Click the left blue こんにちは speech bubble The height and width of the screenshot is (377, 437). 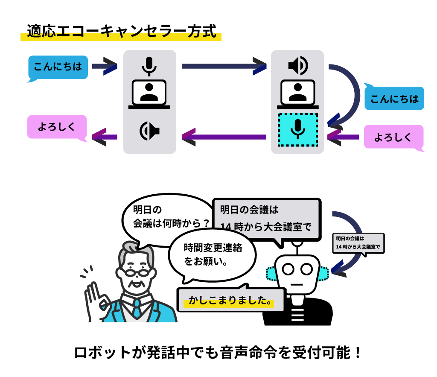[x=58, y=67]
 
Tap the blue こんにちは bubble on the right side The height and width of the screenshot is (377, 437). [x=394, y=99]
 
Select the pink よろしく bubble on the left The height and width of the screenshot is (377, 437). [x=57, y=127]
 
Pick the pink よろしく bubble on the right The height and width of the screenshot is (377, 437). [x=393, y=137]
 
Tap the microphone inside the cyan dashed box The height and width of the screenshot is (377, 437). [x=297, y=129]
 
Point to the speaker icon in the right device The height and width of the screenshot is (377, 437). [x=297, y=65]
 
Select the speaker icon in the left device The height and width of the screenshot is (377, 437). [x=149, y=131]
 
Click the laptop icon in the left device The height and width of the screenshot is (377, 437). [x=149, y=94]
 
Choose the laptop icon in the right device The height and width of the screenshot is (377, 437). [x=297, y=94]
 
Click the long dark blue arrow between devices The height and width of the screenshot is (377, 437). [x=224, y=66]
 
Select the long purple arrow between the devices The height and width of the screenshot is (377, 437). [x=224, y=137]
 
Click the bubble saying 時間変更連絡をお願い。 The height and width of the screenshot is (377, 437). [x=212, y=254]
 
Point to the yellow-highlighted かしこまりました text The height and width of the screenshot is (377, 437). [x=230, y=301]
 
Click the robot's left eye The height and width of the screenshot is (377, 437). [x=288, y=269]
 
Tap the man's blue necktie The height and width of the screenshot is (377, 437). [x=137, y=309]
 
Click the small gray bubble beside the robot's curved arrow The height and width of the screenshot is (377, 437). [x=358, y=243]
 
